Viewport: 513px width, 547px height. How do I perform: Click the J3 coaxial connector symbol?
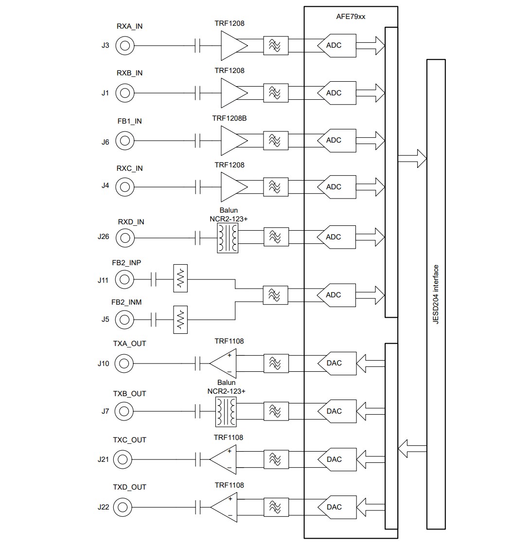click(125, 46)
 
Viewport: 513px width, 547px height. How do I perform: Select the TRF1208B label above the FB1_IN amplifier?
click(229, 118)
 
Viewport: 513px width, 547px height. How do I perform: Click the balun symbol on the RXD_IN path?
click(228, 238)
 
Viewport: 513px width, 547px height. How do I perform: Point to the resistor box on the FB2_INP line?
click(180, 279)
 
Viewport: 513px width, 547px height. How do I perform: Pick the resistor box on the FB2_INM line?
click(180, 320)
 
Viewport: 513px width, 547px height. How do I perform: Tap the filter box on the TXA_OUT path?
click(275, 363)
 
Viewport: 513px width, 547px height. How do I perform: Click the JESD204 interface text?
click(436, 294)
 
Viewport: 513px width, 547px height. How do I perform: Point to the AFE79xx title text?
click(350, 17)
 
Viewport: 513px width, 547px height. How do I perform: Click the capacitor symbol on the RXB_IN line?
click(197, 92)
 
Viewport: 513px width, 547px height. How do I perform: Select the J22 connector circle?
click(123, 507)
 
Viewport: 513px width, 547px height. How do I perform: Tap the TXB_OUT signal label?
click(129, 393)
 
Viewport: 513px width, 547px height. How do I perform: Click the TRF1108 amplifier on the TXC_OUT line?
click(224, 459)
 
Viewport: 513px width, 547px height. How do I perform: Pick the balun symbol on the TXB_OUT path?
click(226, 411)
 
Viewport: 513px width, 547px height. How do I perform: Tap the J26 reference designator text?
click(103, 237)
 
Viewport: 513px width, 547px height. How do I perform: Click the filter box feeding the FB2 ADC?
click(275, 295)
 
